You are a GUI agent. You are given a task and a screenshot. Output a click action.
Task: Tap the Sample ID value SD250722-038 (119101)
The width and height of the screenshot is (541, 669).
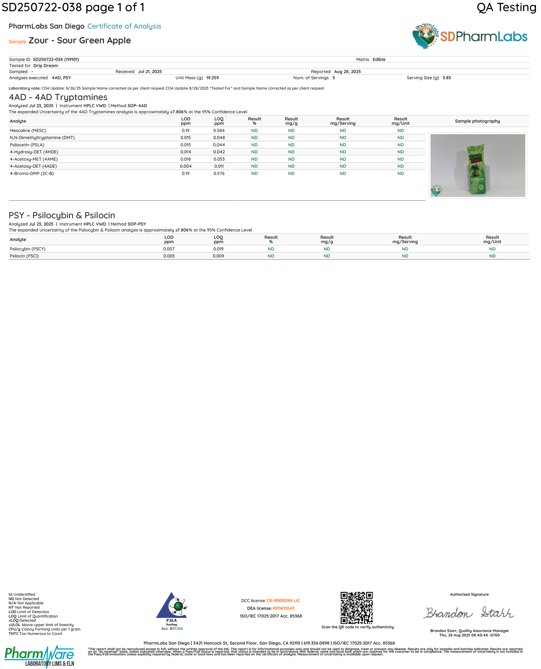pyautogui.click(x=56, y=59)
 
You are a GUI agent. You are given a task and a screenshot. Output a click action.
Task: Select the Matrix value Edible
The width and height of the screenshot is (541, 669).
pyautogui.click(x=379, y=59)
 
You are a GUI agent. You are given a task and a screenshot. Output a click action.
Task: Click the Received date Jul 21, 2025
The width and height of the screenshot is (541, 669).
pyautogui.click(x=150, y=72)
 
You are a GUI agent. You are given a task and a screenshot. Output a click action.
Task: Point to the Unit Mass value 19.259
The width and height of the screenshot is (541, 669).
pyautogui.click(x=212, y=78)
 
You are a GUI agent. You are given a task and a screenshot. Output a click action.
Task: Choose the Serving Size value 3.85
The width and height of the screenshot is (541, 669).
pyautogui.click(x=446, y=78)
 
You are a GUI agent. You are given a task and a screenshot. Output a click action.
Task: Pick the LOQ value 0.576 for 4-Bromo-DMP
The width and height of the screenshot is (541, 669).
pyautogui.click(x=219, y=173)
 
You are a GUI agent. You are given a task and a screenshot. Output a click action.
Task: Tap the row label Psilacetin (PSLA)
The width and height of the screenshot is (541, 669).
pyautogui.click(x=27, y=145)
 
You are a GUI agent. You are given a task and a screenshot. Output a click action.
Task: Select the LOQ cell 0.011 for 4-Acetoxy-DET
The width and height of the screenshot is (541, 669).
pyautogui.click(x=219, y=166)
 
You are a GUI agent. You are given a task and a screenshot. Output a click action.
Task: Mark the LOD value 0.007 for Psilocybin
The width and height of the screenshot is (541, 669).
pyautogui.click(x=169, y=249)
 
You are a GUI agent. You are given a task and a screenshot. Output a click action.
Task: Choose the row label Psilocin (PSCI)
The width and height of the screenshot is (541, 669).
pyautogui.click(x=24, y=256)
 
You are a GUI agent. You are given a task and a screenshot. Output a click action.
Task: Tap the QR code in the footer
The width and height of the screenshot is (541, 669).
pyautogui.click(x=356, y=608)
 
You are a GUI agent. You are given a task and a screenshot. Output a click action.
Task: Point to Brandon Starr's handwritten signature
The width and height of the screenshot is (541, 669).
pyautogui.click(x=468, y=613)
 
